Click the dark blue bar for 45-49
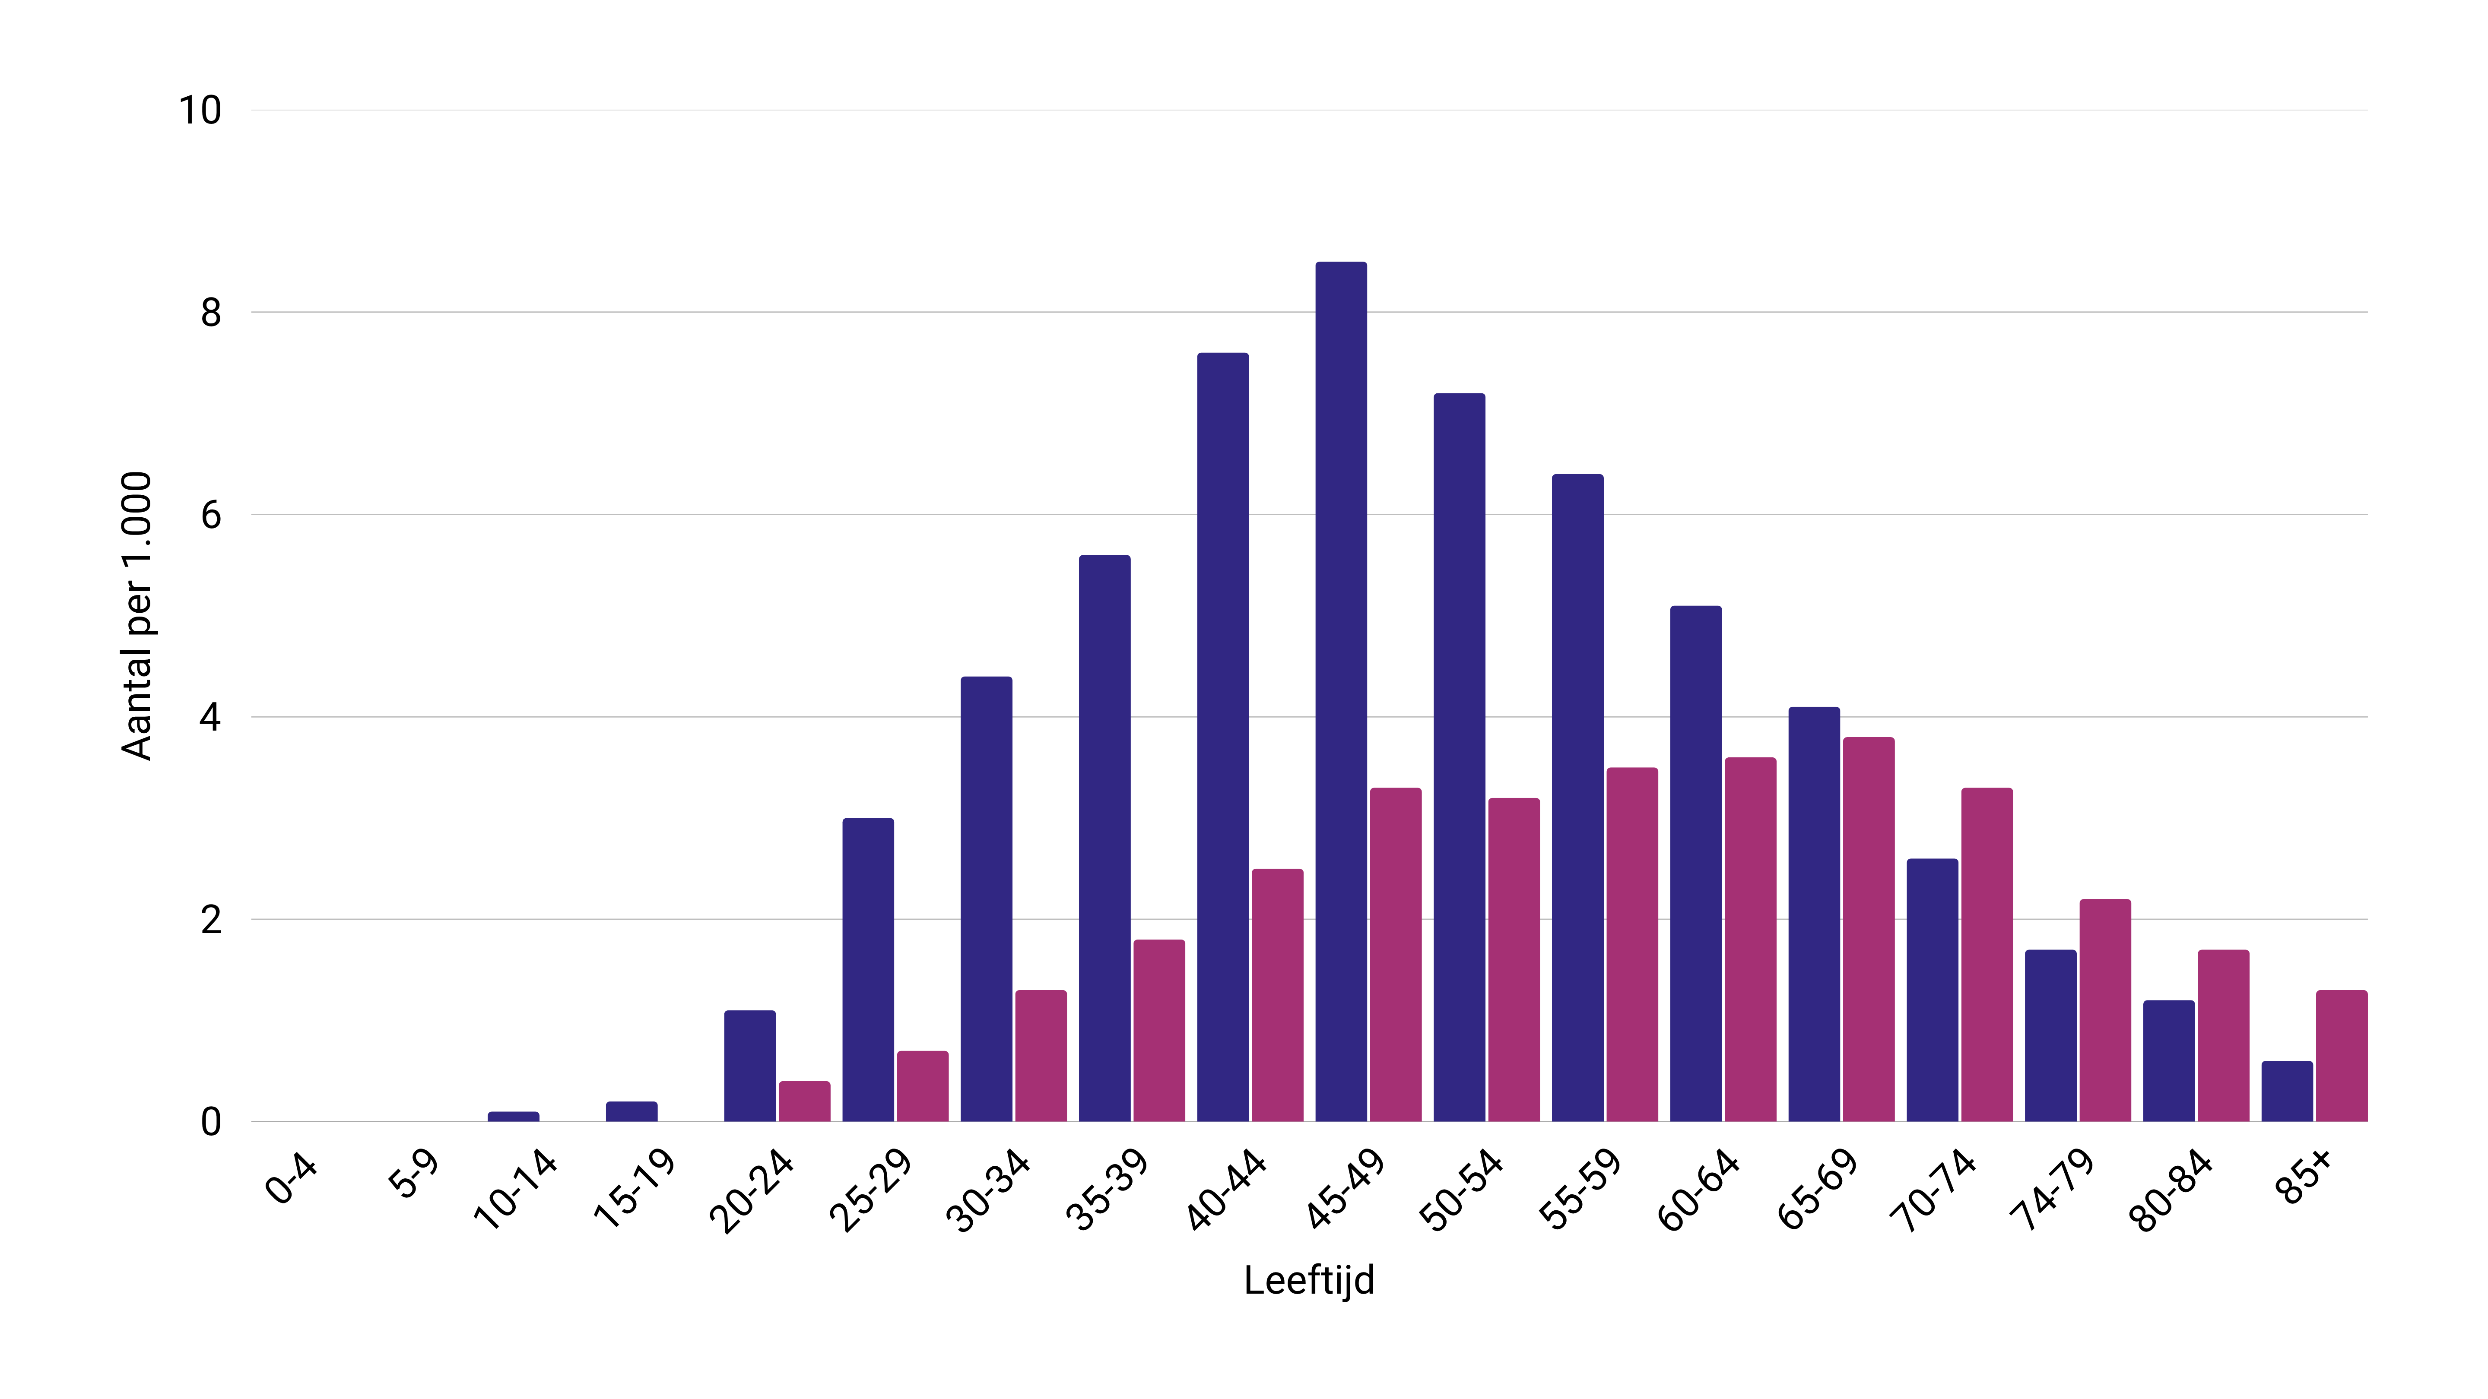click(x=1341, y=691)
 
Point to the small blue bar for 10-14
click(x=513, y=1116)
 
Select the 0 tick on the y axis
click(x=210, y=1122)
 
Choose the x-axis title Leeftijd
click(x=1309, y=1280)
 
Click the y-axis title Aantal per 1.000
click(x=137, y=616)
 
